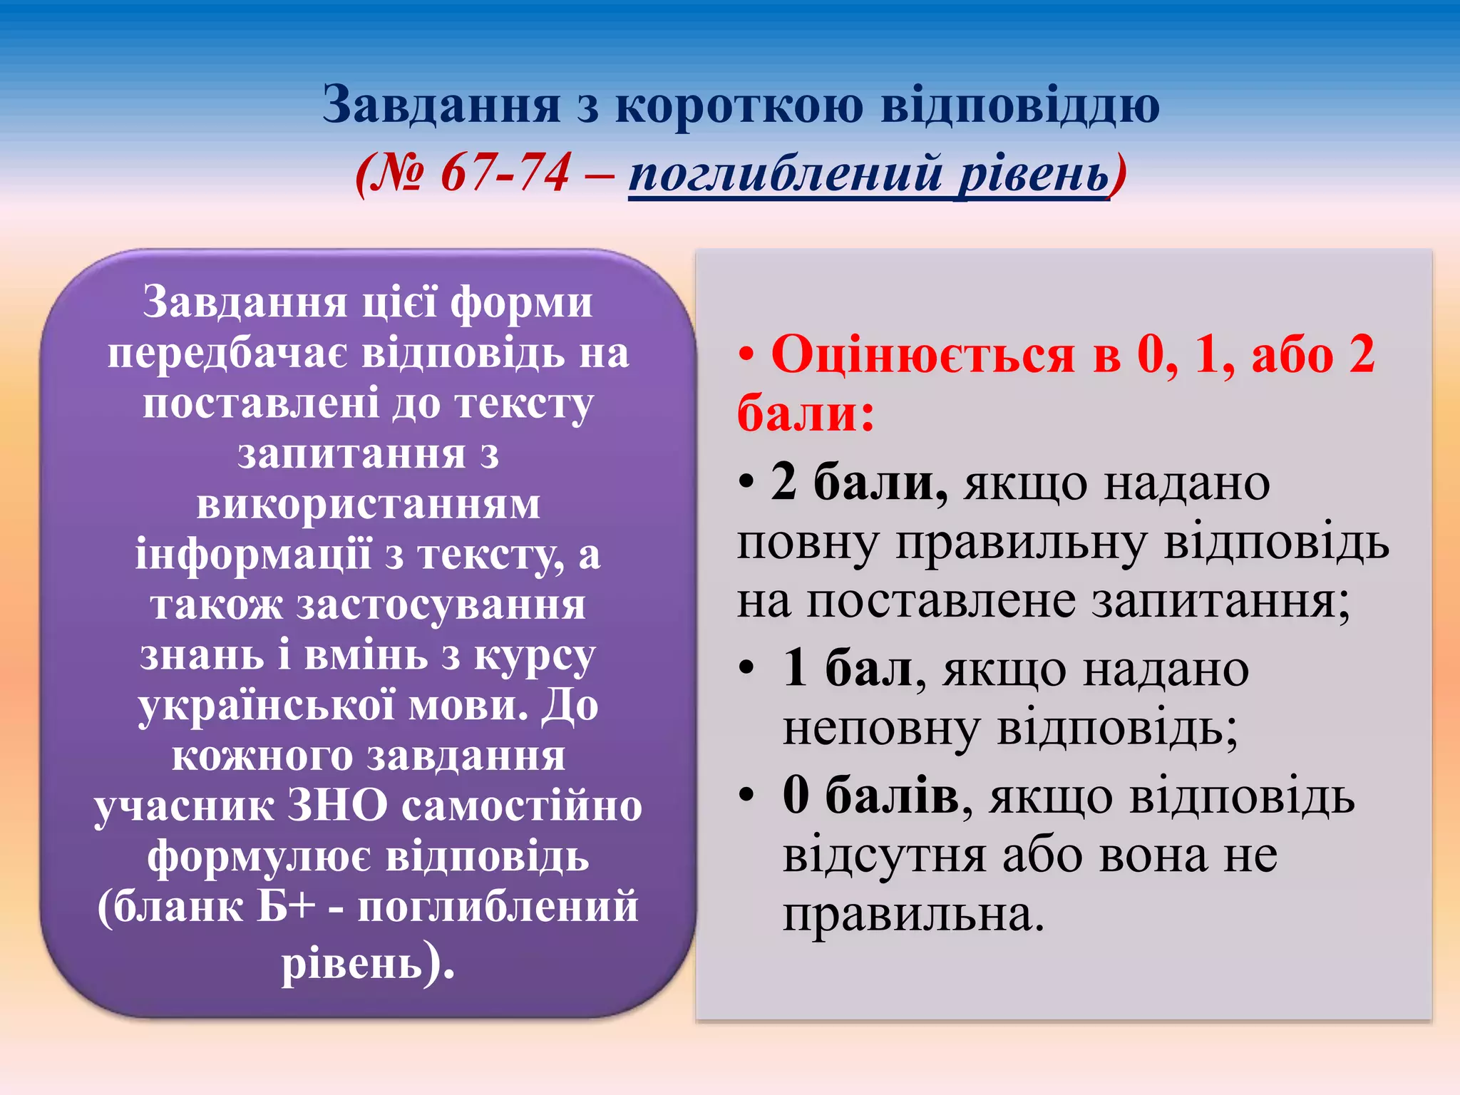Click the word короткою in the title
[738, 106]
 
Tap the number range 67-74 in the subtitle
[505, 173]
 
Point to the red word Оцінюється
[922, 354]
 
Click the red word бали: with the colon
[806, 413]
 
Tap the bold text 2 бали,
[859, 483]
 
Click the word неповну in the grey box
[880, 729]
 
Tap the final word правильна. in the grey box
[913, 915]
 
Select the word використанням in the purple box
[368, 504]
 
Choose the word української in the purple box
[267, 706]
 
